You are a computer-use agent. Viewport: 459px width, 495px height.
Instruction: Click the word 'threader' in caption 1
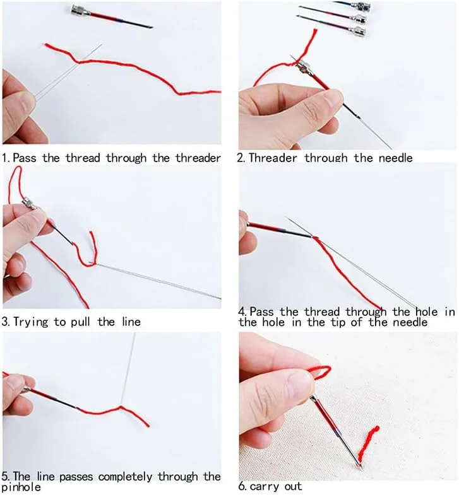pos(198,158)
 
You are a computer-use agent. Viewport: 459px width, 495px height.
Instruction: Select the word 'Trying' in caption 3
pos(31,323)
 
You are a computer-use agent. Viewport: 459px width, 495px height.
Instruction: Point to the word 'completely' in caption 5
pos(125,477)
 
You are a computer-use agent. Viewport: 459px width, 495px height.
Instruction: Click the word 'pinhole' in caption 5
pos(21,487)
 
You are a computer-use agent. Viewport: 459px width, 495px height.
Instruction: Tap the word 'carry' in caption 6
pos(265,487)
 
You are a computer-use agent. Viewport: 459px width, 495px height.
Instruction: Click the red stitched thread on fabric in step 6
pos(367,443)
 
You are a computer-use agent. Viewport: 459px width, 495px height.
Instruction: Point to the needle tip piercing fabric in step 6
pos(359,465)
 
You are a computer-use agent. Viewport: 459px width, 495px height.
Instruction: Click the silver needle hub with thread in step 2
pos(302,67)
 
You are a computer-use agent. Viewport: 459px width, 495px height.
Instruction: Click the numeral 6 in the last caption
pos(242,486)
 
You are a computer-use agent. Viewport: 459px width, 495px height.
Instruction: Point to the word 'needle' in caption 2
pos(395,158)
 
